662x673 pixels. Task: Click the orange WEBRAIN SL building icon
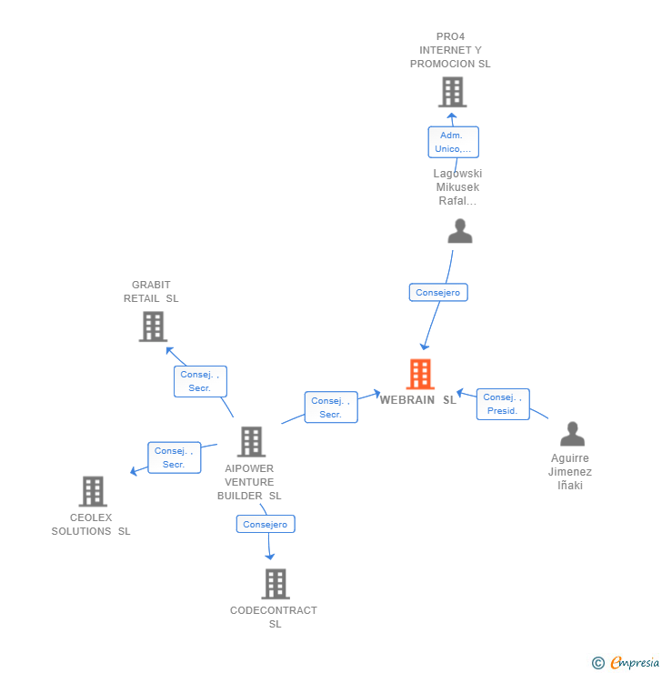click(420, 374)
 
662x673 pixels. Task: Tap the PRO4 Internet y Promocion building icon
click(452, 92)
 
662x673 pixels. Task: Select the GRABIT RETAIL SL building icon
click(153, 326)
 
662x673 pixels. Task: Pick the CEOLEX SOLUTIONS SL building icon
click(93, 491)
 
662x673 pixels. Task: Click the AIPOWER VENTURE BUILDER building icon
click(251, 442)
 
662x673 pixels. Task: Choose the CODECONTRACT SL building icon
click(275, 584)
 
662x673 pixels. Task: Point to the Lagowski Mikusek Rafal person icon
click(460, 232)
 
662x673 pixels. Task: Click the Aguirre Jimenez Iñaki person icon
click(572, 434)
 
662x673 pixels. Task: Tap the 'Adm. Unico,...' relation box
click(453, 142)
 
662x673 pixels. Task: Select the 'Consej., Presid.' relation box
click(502, 404)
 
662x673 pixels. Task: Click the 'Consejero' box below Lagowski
click(438, 292)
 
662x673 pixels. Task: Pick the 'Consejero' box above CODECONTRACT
click(266, 524)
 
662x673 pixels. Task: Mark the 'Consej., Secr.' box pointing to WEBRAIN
click(330, 407)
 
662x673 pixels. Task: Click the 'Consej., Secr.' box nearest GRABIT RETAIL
click(200, 381)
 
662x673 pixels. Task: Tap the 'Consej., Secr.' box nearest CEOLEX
click(174, 457)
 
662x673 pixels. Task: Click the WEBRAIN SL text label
click(418, 400)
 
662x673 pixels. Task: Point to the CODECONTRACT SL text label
click(274, 617)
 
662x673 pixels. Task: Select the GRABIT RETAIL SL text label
click(151, 291)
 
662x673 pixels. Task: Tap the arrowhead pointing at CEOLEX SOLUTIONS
click(134, 471)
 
